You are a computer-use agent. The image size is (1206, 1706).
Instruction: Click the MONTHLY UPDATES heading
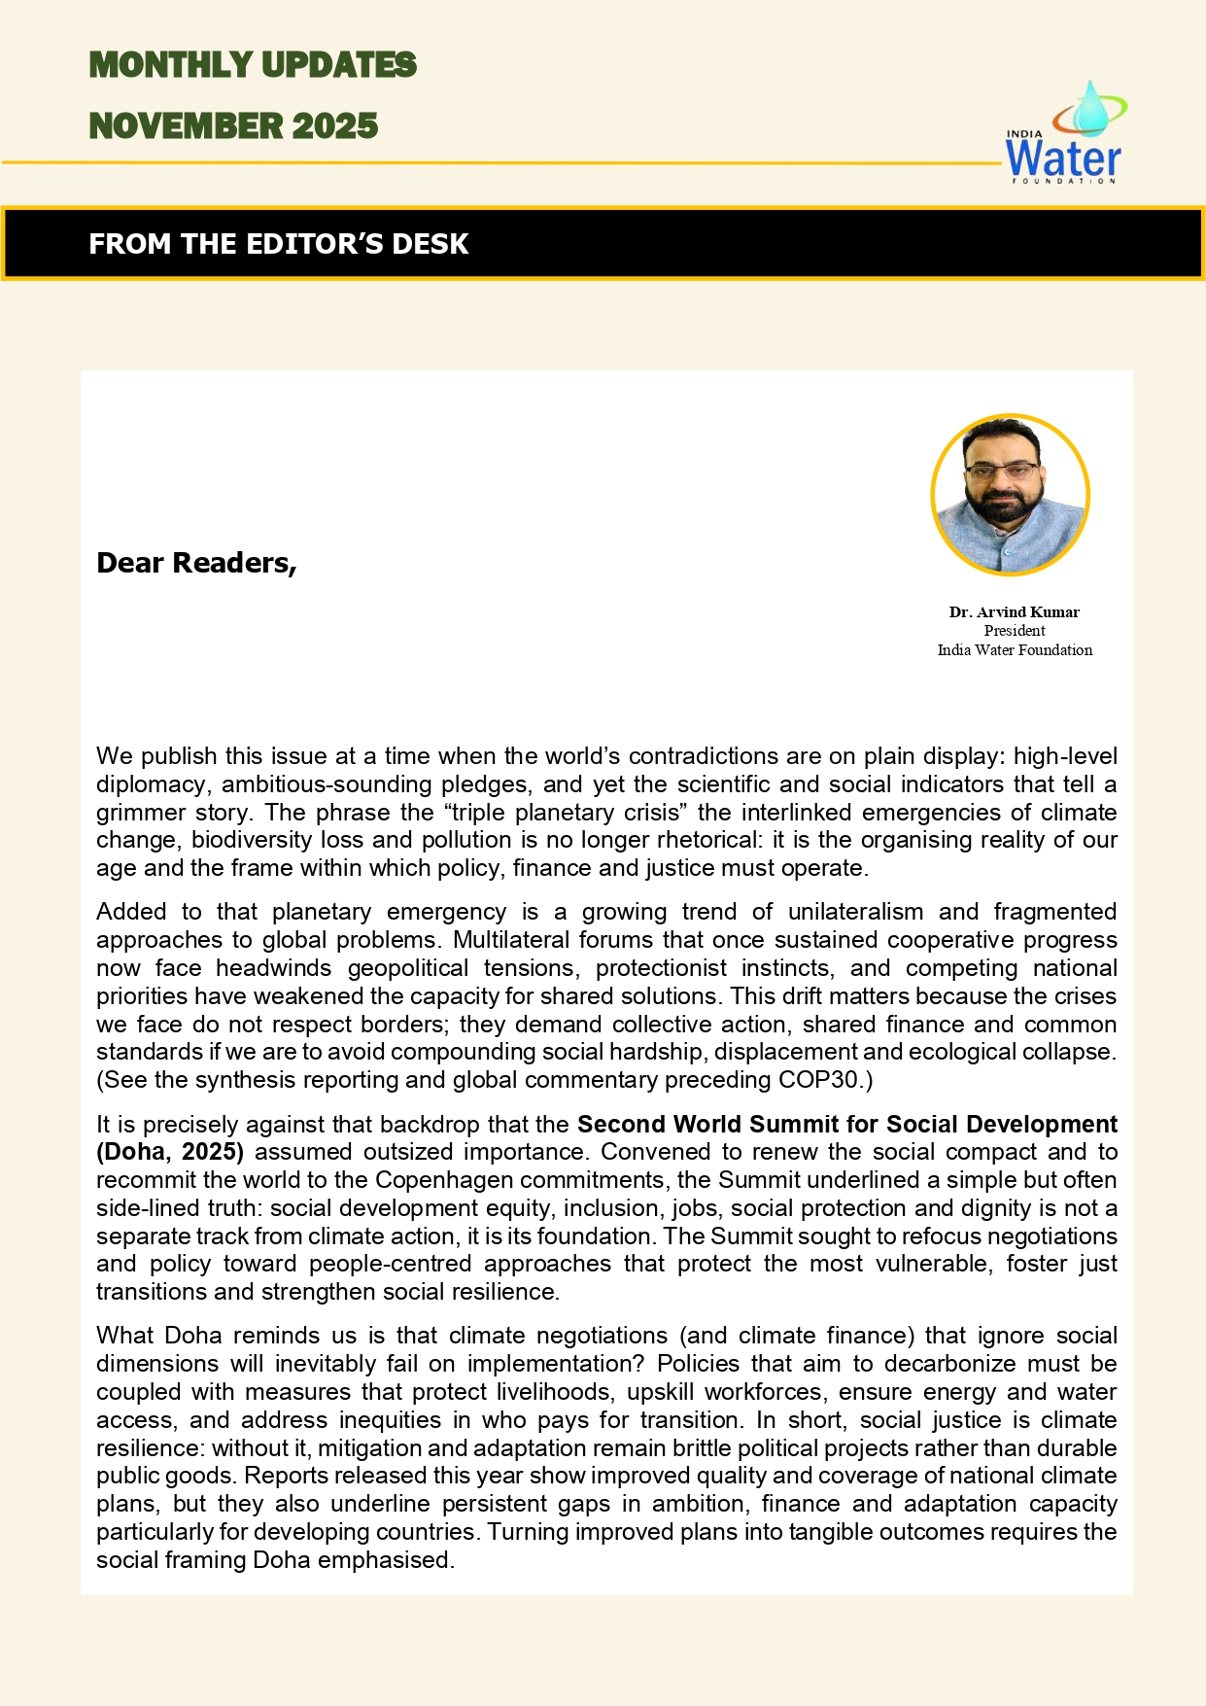tap(253, 65)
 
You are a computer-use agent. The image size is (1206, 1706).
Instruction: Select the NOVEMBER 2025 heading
tap(233, 126)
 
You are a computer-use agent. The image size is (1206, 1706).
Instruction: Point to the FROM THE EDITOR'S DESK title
tap(279, 243)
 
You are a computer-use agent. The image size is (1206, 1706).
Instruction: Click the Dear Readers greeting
tap(196, 563)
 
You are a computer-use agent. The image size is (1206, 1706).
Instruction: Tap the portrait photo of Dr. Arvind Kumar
tap(1011, 495)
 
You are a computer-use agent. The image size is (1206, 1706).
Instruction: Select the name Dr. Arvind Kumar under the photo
tap(1014, 612)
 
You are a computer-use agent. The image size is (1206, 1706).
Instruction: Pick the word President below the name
tap(1014, 631)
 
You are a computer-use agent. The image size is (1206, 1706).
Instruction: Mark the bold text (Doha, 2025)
tap(170, 1152)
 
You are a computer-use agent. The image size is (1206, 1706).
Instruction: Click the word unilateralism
tap(855, 912)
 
